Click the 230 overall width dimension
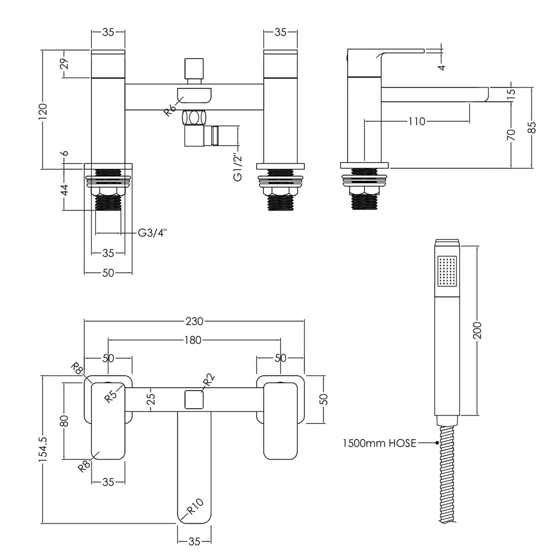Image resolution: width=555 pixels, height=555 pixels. click(194, 321)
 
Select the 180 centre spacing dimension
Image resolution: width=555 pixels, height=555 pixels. click(194, 340)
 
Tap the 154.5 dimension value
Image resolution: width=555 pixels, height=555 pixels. click(42, 450)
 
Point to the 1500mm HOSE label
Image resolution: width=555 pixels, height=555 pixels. click(379, 443)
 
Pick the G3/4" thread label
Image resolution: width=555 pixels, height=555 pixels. click(152, 233)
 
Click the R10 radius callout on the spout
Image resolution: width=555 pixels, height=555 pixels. click(194, 508)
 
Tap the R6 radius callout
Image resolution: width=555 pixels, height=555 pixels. click(170, 111)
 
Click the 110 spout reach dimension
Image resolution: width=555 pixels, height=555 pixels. click(416, 121)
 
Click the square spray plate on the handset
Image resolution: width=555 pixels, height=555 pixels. click(447, 271)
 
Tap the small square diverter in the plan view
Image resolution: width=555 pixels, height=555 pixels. click(194, 400)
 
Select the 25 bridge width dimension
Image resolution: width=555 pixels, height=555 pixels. click(152, 399)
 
